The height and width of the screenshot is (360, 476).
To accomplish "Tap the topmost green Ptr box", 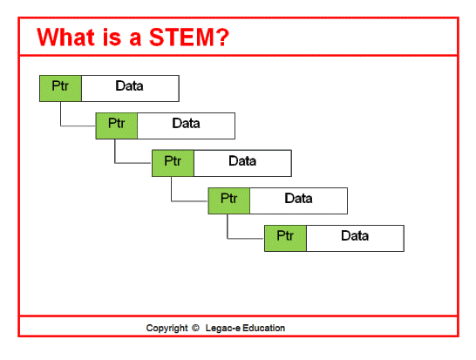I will pos(60,88).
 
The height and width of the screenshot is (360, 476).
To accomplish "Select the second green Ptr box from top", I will pos(117,125).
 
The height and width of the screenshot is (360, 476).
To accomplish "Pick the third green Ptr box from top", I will pos(173,162).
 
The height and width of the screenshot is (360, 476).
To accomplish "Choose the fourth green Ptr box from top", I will pos(229,200).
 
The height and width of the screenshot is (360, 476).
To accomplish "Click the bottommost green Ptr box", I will pos(285,237).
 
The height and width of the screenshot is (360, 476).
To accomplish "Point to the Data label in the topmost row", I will pos(130,86).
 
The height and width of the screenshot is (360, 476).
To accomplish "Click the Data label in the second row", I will pos(187,124).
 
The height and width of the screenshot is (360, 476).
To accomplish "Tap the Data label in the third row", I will pos(242,160).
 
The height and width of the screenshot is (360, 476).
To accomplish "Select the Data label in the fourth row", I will pos(299,199).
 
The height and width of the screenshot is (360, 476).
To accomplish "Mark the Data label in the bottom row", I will pos(355,235).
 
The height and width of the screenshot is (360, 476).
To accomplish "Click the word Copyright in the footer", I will pos(167,329).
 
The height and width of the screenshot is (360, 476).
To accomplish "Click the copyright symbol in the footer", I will pos(195,329).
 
